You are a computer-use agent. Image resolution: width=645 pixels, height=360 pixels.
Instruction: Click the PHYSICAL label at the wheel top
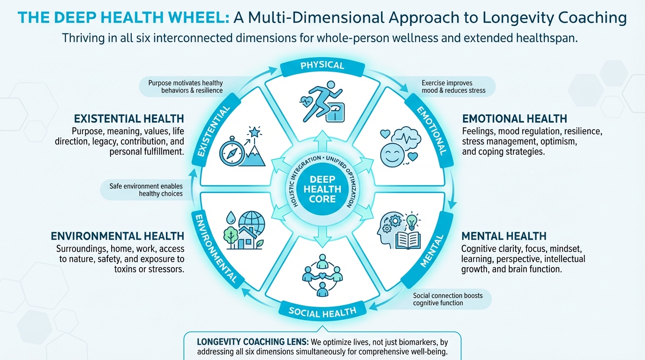click(x=322, y=65)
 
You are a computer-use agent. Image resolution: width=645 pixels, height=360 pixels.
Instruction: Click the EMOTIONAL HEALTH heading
click(x=514, y=119)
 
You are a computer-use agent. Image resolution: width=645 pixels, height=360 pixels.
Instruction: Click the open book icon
click(x=408, y=240)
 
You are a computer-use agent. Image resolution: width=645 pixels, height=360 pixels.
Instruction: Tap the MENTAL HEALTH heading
click(x=504, y=236)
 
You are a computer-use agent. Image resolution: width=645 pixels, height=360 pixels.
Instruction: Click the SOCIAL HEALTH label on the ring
click(x=322, y=311)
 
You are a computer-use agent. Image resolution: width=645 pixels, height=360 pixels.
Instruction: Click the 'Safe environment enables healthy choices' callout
click(x=147, y=190)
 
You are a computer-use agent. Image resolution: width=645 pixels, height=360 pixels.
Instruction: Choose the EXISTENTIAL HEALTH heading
click(x=129, y=118)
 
